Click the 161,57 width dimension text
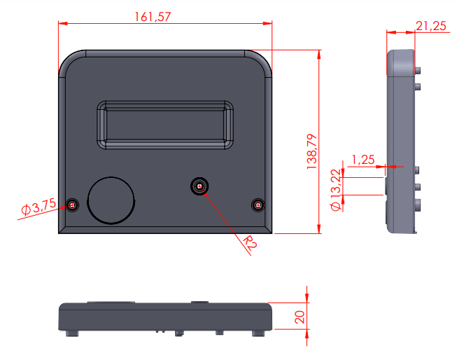pyautogui.click(x=153, y=17)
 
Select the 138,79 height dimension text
pyautogui.click(x=312, y=151)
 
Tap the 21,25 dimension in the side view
pyautogui.click(x=431, y=26)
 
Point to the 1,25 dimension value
pyautogui.click(x=363, y=160)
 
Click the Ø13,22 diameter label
pyautogui.click(x=336, y=190)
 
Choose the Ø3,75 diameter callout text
pyautogui.click(x=38, y=207)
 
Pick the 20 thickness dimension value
pyautogui.click(x=300, y=317)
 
